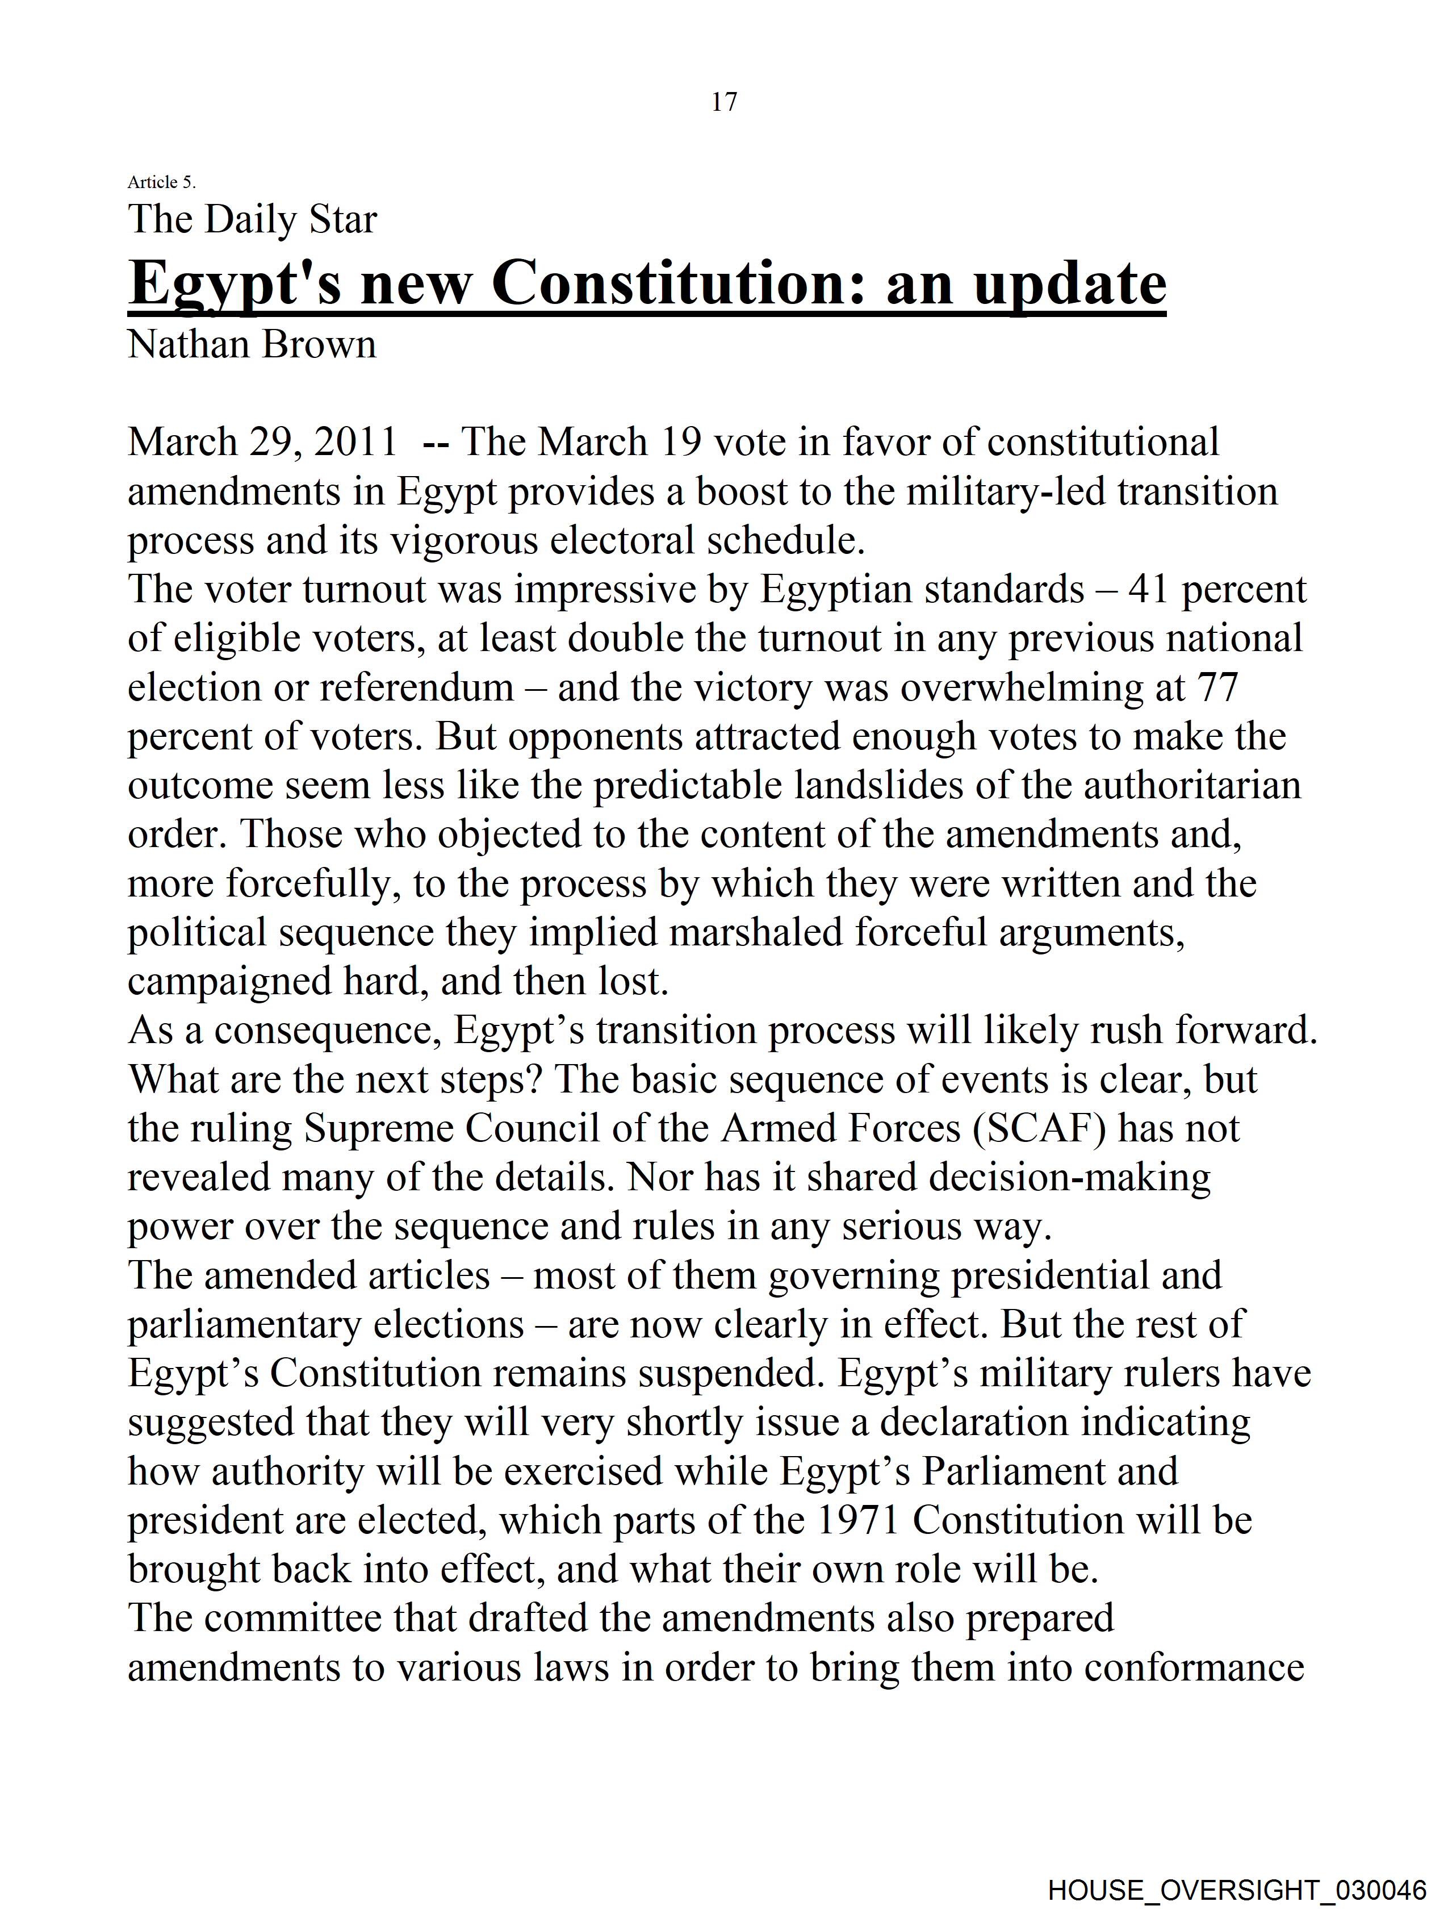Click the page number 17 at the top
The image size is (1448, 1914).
[724, 102]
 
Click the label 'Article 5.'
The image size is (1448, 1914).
[162, 182]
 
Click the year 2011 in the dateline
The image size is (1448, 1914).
[355, 441]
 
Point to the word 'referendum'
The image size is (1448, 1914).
[417, 688]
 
